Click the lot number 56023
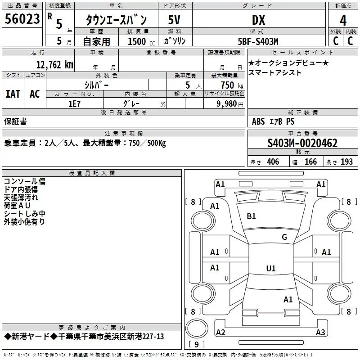(22, 19)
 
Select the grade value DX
(258, 20)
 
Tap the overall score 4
(343, 21)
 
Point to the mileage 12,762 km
(54, 65)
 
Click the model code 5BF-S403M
(258, 41)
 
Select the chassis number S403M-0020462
(302, 143)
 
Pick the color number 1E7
(74, 104)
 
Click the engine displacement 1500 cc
(141, 41)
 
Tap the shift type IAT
(13, 94)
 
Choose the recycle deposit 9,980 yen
(230, 104)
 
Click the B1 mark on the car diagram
(251, 216)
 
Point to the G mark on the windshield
(284, 237)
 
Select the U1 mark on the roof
(271, 268)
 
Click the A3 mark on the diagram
(320, 332)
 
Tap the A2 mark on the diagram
(220, 332)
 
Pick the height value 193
(346, 162)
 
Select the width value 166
(310, 162)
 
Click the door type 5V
(174, 20)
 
